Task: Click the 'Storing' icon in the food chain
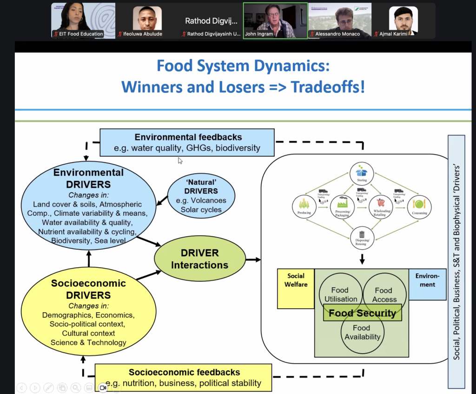[x=362, y=170]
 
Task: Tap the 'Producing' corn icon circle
[x=301, y=205]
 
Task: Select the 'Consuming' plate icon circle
[x=419, y=205]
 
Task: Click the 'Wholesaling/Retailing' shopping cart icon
[x=380, y=204]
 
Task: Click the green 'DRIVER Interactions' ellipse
[x=200, y=259]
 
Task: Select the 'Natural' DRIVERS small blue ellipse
[x=201, y=195]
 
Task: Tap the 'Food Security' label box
[x=362, y=313]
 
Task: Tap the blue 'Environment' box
[x=427, y=284]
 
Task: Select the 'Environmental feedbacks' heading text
[x=188, y=137]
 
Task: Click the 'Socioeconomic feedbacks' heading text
[x=184, y=372]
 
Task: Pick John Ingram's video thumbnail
[x=275, y=21]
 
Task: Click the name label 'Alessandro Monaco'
[x=337, y=34]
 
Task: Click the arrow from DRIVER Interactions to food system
[x=253, y=259]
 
